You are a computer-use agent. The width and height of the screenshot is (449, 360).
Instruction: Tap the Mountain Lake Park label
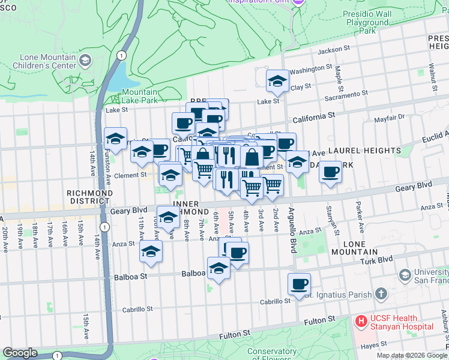[140, 97]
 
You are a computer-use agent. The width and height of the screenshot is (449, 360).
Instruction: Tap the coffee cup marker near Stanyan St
[330, 172]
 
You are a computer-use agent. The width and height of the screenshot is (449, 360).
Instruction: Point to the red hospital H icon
[361, 322]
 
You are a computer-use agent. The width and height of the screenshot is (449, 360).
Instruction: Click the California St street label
[312, 116]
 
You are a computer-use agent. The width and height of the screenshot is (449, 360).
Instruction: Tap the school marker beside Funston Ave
[115, 139]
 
